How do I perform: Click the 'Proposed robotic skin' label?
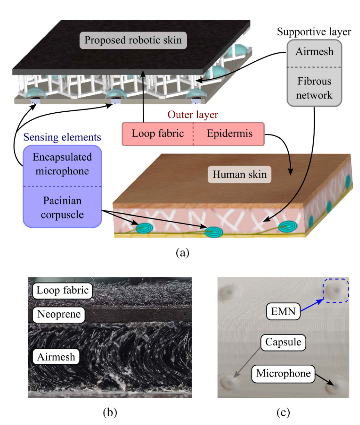[133, 40]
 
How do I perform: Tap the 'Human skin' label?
[240, 174]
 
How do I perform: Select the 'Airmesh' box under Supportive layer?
[314, 52]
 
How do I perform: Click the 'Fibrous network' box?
[314, 88]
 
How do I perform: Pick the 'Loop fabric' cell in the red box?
[158, 133]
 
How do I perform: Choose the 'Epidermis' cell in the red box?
[230, 133]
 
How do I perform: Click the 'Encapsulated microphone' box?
[62, 164]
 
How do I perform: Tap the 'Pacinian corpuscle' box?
[62, 208]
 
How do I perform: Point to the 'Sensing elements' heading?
[62, 137]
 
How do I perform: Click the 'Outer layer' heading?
[193, 115]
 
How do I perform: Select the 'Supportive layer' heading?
[314, 32]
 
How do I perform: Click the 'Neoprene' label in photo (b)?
[59, 314]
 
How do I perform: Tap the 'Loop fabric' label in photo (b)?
[62, 290]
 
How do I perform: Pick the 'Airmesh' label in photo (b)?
[56, 357]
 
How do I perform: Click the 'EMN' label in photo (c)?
[283, 312]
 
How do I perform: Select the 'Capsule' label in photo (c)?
[283, 342]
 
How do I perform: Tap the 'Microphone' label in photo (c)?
[283, 374]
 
